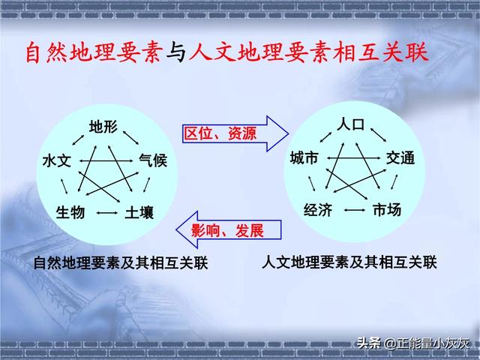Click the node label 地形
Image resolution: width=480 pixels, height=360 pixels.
click(103, 127)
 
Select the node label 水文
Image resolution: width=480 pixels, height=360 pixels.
click(57, 161)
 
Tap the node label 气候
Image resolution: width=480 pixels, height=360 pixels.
click(153, 160)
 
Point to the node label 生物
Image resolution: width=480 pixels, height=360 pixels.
click(70, 212)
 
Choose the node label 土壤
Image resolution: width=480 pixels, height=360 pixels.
click(139, 212)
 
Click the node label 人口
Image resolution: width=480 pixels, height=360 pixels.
click(350, 124)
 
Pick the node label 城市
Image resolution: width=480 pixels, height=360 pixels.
click(304, 158)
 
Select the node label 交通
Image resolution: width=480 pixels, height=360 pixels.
click(400, 158)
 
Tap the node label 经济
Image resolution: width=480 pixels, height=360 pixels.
click(318, 210)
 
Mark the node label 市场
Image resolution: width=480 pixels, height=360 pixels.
click(387, 210)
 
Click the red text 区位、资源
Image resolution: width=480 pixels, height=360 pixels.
click(220, 133)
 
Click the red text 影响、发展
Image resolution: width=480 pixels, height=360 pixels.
click(227, 230)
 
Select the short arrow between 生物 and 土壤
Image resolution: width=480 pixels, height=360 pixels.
click(107, 213)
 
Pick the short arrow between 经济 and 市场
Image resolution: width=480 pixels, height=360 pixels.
click(355, 210)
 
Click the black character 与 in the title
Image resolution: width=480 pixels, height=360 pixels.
click(176, 52)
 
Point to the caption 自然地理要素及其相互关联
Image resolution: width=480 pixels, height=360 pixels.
click(121, 263)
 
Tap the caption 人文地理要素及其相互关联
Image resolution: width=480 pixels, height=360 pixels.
click(349, 262)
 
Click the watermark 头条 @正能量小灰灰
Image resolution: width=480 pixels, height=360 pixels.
click(413, 343)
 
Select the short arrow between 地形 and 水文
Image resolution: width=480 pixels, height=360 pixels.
click(78, 140)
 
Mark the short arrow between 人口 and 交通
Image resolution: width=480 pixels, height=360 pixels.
click(378, 135)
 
